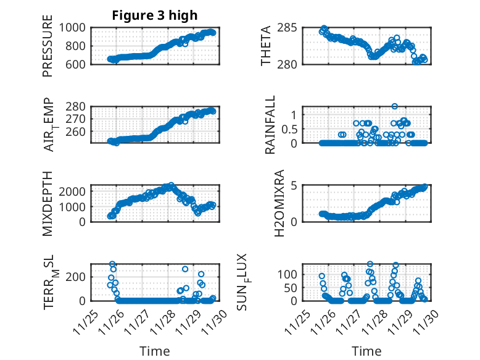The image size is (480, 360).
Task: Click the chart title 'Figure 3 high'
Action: (x=154, y=16)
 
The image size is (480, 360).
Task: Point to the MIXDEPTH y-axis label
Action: (x=48, y=203)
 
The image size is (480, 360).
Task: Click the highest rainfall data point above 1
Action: (x=394, y=106)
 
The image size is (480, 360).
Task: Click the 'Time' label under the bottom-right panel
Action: (x=366, y=351)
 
